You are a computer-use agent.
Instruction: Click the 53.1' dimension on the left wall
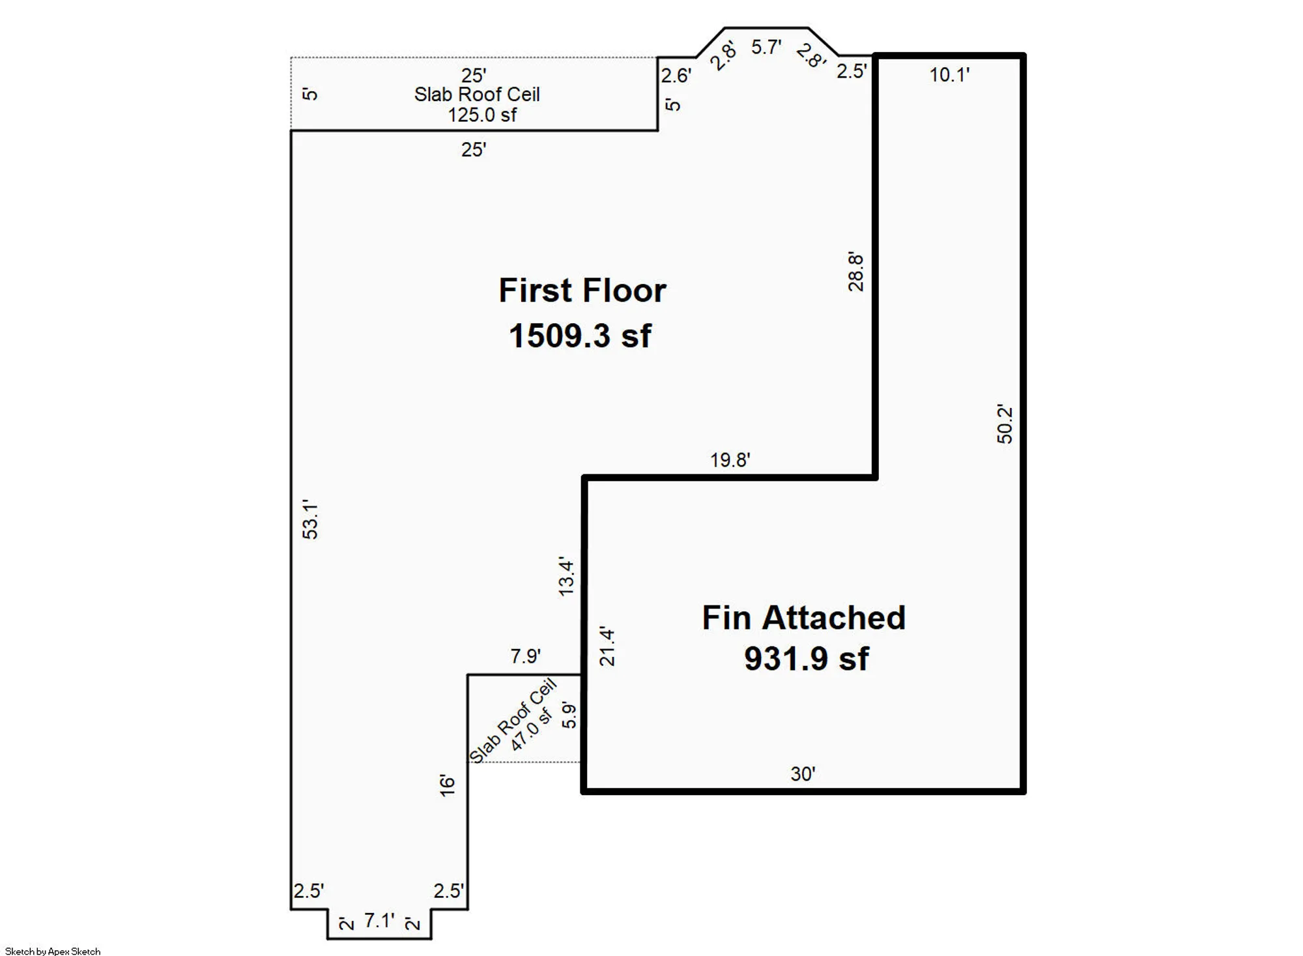point(311,519)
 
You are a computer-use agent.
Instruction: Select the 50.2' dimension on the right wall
point(1005,424)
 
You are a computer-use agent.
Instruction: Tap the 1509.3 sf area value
point(580,336)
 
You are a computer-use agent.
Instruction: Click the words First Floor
point(582,291)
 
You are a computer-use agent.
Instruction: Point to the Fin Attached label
point(803,618)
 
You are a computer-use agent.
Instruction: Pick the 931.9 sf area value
point(806,659)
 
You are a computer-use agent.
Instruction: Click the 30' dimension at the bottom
point(803,774)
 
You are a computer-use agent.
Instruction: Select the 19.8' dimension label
point(730,460)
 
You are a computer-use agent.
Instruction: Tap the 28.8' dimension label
point(855,272)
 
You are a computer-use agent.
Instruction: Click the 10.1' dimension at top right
point(949,75)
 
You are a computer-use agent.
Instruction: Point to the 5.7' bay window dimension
point(766,47)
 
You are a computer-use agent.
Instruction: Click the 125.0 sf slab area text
point(481,115)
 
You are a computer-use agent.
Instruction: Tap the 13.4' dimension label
point(566,577)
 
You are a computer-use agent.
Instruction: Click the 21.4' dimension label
point(607,646)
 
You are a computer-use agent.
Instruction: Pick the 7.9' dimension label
point(525,656)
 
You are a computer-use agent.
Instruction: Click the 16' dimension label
point(447,785)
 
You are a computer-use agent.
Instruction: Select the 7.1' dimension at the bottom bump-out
point(379,920)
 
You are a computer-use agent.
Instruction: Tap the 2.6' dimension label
point(676,76)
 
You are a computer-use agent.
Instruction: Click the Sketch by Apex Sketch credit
point(53,951)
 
